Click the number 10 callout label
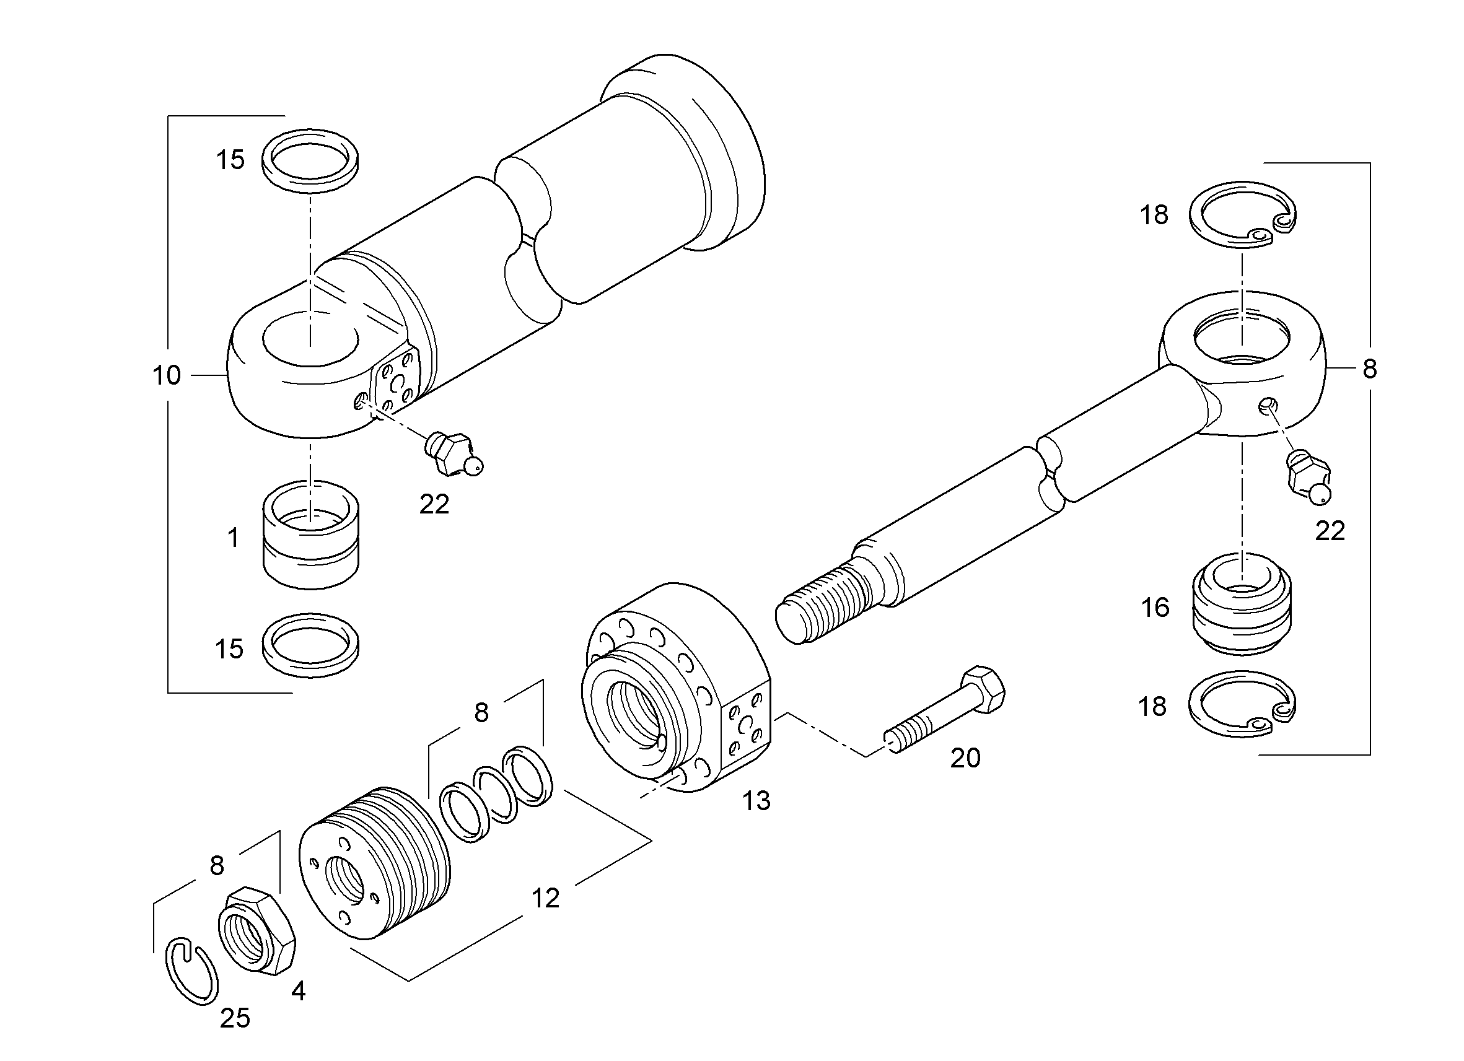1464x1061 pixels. point(167,375)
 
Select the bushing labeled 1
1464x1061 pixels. point(311,535)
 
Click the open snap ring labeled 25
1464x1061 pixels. point(191,972)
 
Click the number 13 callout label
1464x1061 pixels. point(756,801)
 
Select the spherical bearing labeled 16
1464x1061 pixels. point(1242,605)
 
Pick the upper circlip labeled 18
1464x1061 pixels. point(1243,215)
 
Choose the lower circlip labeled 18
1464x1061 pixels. point(1243,704)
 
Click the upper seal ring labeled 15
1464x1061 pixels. point(311,160)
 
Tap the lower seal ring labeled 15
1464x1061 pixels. point(311,645)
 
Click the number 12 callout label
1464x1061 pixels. point(545,898)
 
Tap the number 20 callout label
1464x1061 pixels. point(965,758)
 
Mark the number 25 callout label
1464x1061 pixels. point(235,1018)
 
